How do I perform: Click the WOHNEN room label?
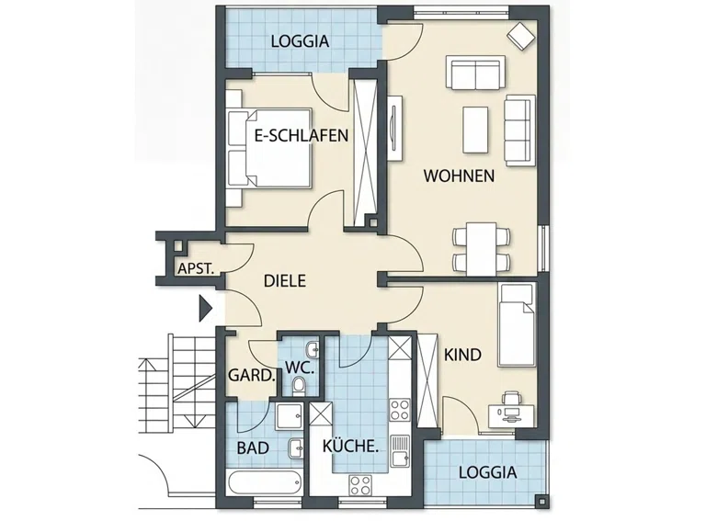(x=459, y=176)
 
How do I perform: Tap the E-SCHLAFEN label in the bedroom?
(x=302, y=135)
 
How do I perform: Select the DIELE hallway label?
(x=285, y=281)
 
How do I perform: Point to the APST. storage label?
(x=196, y=268)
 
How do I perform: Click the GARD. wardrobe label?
(x=252, y=375)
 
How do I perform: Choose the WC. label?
(x=300, y=368)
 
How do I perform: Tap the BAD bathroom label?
(x=253, y=448)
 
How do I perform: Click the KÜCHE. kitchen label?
(x=350, y=446)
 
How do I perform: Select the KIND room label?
(x=462, y=355)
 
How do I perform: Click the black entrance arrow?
(x=205, y=309)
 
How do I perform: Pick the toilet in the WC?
(x=298, y=387)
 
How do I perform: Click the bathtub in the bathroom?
(x=265, y=482)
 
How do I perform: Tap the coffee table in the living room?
(x=475, y=130)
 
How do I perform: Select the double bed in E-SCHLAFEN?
(x=269, y=148)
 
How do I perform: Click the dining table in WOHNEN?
(x=482, y=248)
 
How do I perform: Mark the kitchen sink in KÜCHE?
(x=399, y=451)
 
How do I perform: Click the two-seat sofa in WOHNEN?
(x=475, y=72)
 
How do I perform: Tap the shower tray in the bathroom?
(x=289, y=416)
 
